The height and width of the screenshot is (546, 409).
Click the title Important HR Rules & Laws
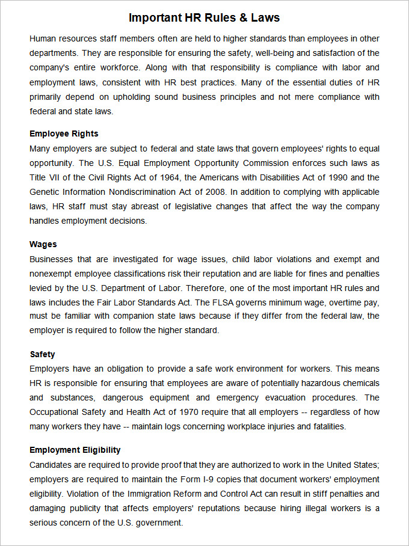click(x=204, y=17)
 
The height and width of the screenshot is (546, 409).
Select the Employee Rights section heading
click(x=64, y=133)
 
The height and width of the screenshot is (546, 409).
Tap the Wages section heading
click(x=43, y=244)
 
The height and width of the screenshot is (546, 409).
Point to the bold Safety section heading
click(x=43, y=354)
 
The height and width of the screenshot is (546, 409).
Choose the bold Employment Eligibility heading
click(x=75, y=450)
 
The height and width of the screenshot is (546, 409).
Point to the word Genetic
click(x=45, y=192)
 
